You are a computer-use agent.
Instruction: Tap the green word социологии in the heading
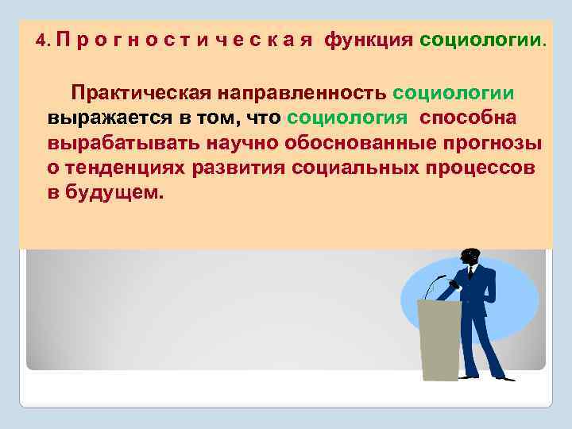479,41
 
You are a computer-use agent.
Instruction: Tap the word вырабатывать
125,144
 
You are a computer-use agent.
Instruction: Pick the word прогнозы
493,144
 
